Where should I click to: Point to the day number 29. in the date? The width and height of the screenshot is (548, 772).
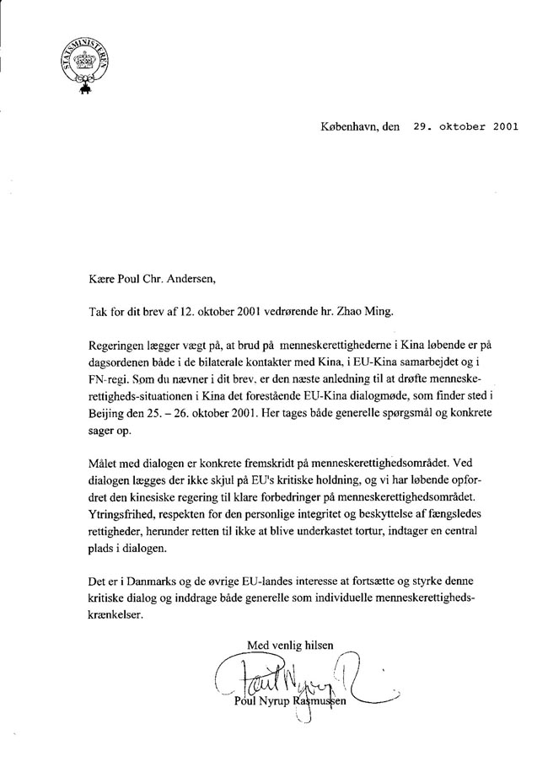click(421, 128)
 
